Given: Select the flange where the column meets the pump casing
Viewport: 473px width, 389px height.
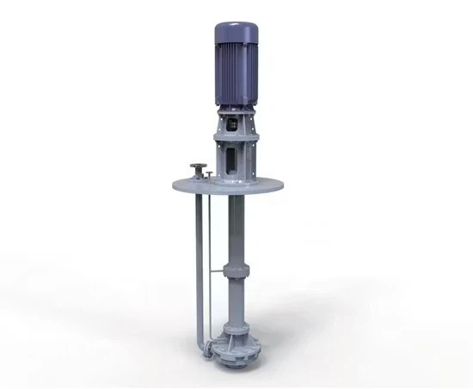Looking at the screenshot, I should (236, 324).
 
